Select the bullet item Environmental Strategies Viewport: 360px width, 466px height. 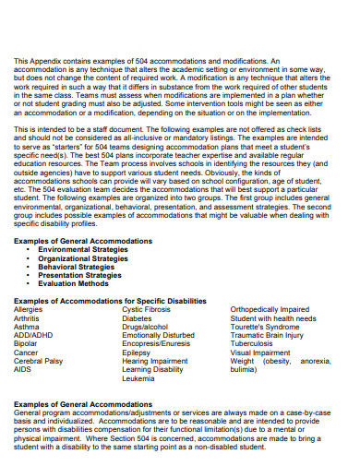point(85,249)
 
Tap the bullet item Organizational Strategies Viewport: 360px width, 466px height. point(85,258)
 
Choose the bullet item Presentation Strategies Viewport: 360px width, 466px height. point(82,275)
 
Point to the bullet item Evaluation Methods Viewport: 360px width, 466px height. point(75,283)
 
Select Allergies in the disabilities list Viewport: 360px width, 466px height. point(28,309)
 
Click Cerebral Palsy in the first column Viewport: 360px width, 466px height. point(38,360)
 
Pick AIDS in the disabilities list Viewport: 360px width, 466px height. point(23,369)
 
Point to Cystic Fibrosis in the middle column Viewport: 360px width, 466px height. point(148,309)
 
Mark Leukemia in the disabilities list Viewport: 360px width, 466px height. point(138,377)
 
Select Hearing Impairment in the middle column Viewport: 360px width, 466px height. point(152,361)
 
